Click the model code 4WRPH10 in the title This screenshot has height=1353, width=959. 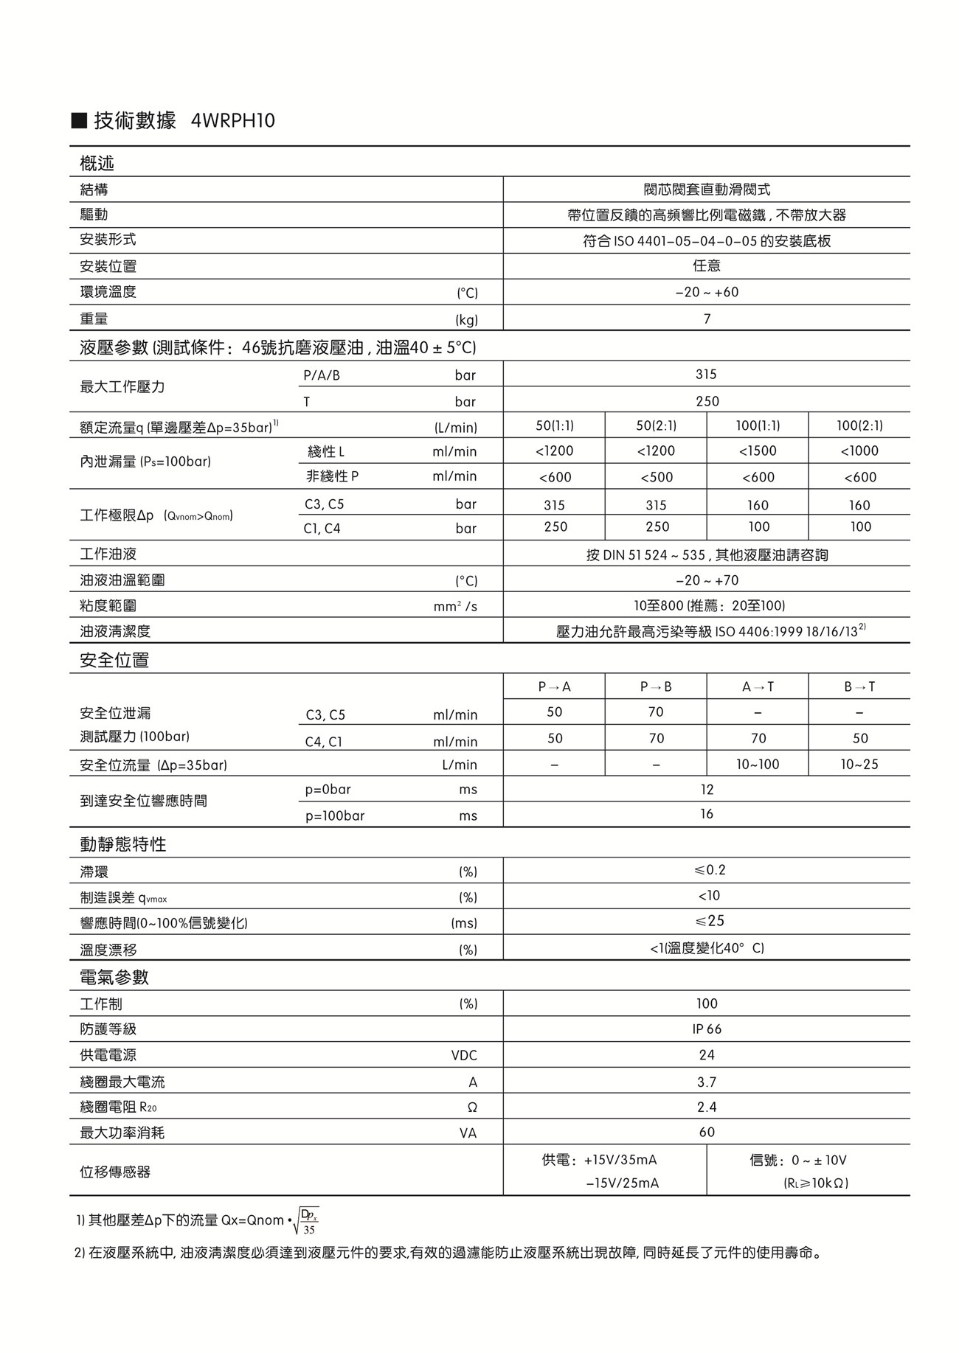click(x=232, y=120)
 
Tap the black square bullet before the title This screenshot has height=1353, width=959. click(x=79, y=121)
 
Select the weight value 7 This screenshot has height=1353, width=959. click(x=707, y=319)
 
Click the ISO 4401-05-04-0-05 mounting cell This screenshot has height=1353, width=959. click(x=707, y=241)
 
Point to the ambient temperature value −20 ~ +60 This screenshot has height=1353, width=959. click(x=707, y=292)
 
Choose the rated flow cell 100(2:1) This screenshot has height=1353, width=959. click(x=859, y=425)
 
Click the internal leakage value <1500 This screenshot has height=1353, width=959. click(x=758, y=451)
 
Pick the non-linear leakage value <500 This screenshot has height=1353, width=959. click(x=656, y=477)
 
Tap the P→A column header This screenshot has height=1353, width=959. click(x=555, y=686)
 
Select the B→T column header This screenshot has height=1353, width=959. click(x=859, y=686)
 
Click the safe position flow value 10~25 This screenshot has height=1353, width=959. click(x=859, y=764)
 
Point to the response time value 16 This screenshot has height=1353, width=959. click(x=707, y=814)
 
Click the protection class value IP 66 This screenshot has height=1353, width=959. click(x=707, y=1029)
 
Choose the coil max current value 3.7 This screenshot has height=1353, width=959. click(x=707, y=1082)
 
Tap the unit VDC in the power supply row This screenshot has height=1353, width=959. click(x=464, y=1055)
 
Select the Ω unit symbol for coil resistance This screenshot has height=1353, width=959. click(x=472, y=1107)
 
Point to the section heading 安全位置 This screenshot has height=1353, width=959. click(x=114, y=660)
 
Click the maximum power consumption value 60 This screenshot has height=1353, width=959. click(x=707, y=1132)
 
